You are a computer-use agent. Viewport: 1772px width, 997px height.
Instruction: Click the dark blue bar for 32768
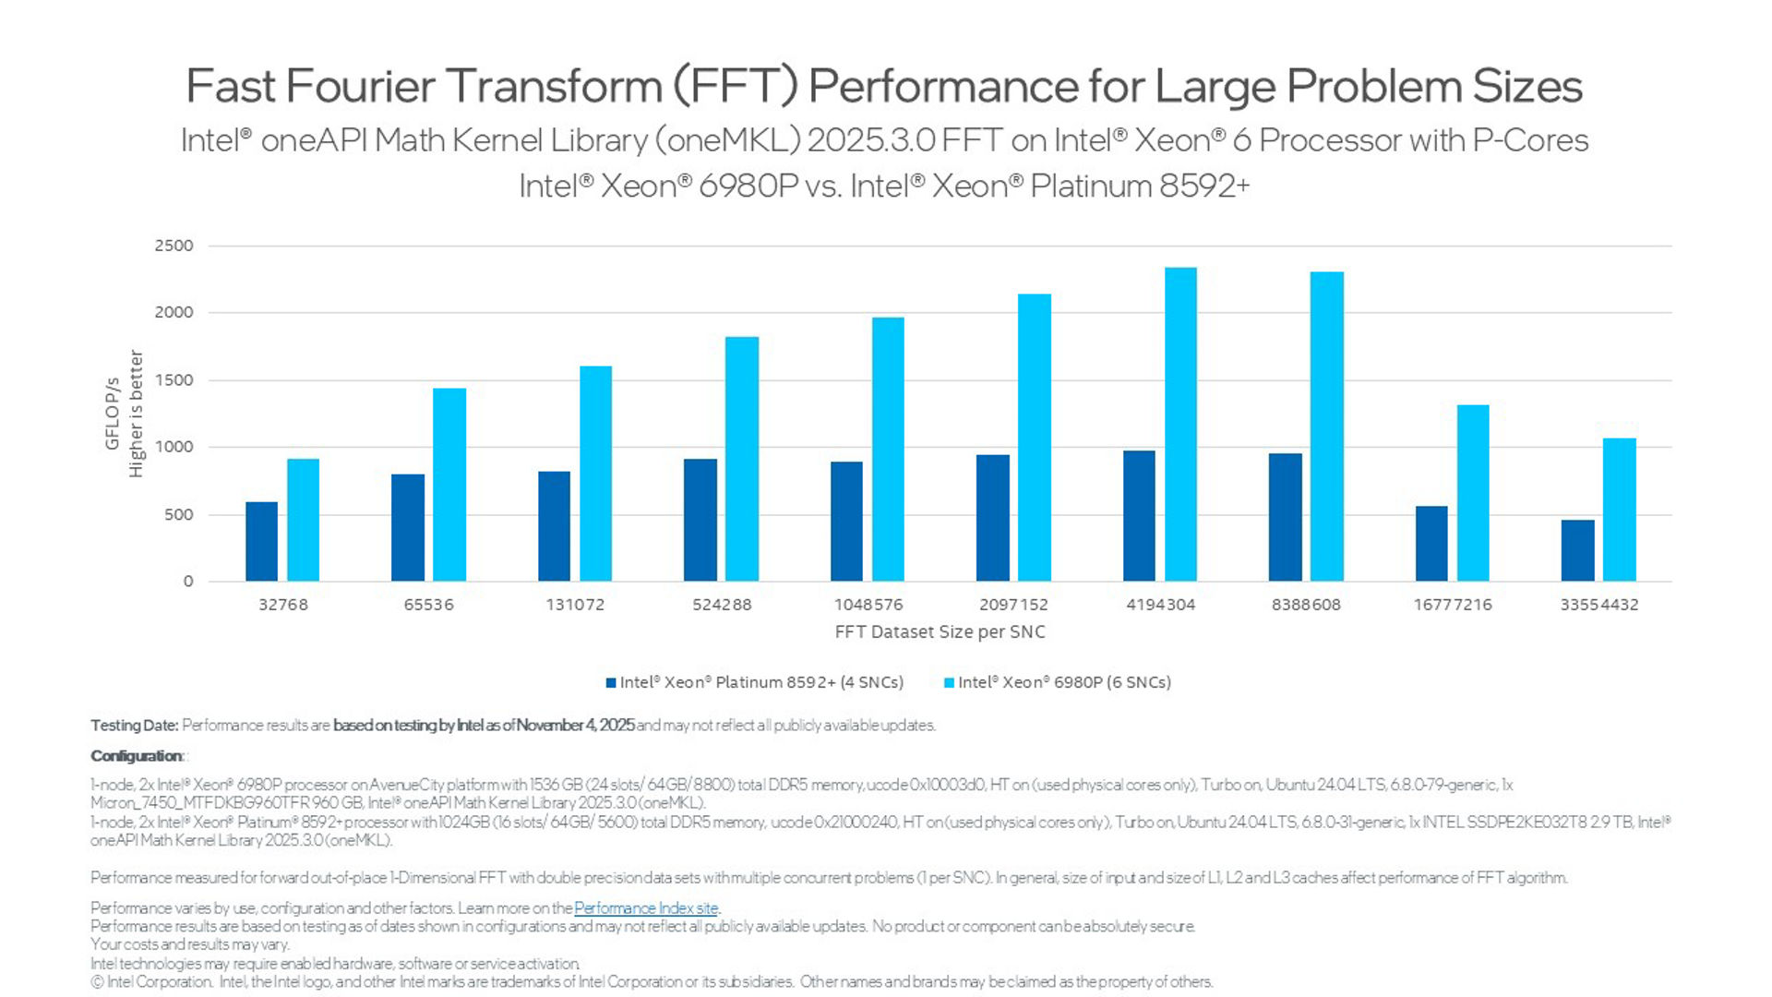pyautogui.click(x=261, y=542)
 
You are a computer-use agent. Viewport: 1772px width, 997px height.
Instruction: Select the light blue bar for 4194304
pyautogui.click(x=1180, y=425)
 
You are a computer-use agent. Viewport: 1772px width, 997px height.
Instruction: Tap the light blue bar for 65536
pyautogui.click(x=449, y=485)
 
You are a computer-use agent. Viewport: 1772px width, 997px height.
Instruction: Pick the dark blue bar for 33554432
pyautogui.click(x=1577, y=551)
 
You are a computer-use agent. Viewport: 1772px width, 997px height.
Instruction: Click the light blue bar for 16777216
pyautogui.click(x=1473, y=493)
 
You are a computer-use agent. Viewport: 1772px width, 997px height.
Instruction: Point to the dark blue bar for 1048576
pyautogui.click(x=846, y=522)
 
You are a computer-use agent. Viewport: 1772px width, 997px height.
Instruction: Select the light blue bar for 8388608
pyautogui.click(x=1326, y=426)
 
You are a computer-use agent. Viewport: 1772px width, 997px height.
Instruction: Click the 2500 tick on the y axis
pyautogui.click(x=174, y=246)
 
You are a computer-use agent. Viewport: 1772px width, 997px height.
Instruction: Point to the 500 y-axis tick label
pyautogui.click(x=179, y=515)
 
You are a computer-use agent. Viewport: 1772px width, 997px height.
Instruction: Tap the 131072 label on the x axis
pyautogui.click(x=575, y=605)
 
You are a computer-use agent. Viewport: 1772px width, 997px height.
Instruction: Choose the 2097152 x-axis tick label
pyautogui.click(x=1013, y=605)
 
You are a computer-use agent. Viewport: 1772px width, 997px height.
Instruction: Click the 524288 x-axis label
pyautogui.click(x=722, y=605)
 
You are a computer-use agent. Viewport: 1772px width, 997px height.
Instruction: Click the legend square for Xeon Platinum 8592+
pyautogui.click(x=611, y=683)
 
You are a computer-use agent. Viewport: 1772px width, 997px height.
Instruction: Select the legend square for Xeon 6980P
pyautogui.click(x=949, y=683)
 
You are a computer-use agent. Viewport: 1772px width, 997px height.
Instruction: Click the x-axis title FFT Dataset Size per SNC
pyautogui.click(x=940, y=632)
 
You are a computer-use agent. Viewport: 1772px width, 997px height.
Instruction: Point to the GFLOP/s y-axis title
pyautogui.click(x=113, y=414)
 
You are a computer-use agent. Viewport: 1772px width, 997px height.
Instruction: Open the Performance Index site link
pyautogui.click(x=645, y=908)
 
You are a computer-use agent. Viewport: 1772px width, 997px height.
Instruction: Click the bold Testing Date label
pyautogui.click(x=134, y=726)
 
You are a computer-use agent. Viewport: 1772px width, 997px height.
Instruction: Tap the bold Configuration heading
pyautogui.click(x=137, y=756)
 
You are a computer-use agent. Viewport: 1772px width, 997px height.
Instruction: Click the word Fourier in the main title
pyautogui.click(x=360, y=86)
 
